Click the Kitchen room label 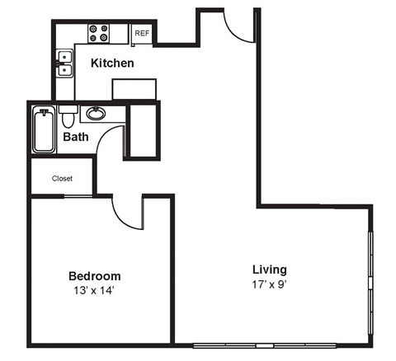(112, 63)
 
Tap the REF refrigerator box (141, 34)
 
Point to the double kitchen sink (63, 63)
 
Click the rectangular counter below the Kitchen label (134, 89)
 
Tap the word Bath (76, 138)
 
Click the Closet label (62, 178)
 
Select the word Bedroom (94, 276)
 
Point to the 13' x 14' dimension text (94, 291)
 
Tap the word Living (270, 270)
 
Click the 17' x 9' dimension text (270, 284)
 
